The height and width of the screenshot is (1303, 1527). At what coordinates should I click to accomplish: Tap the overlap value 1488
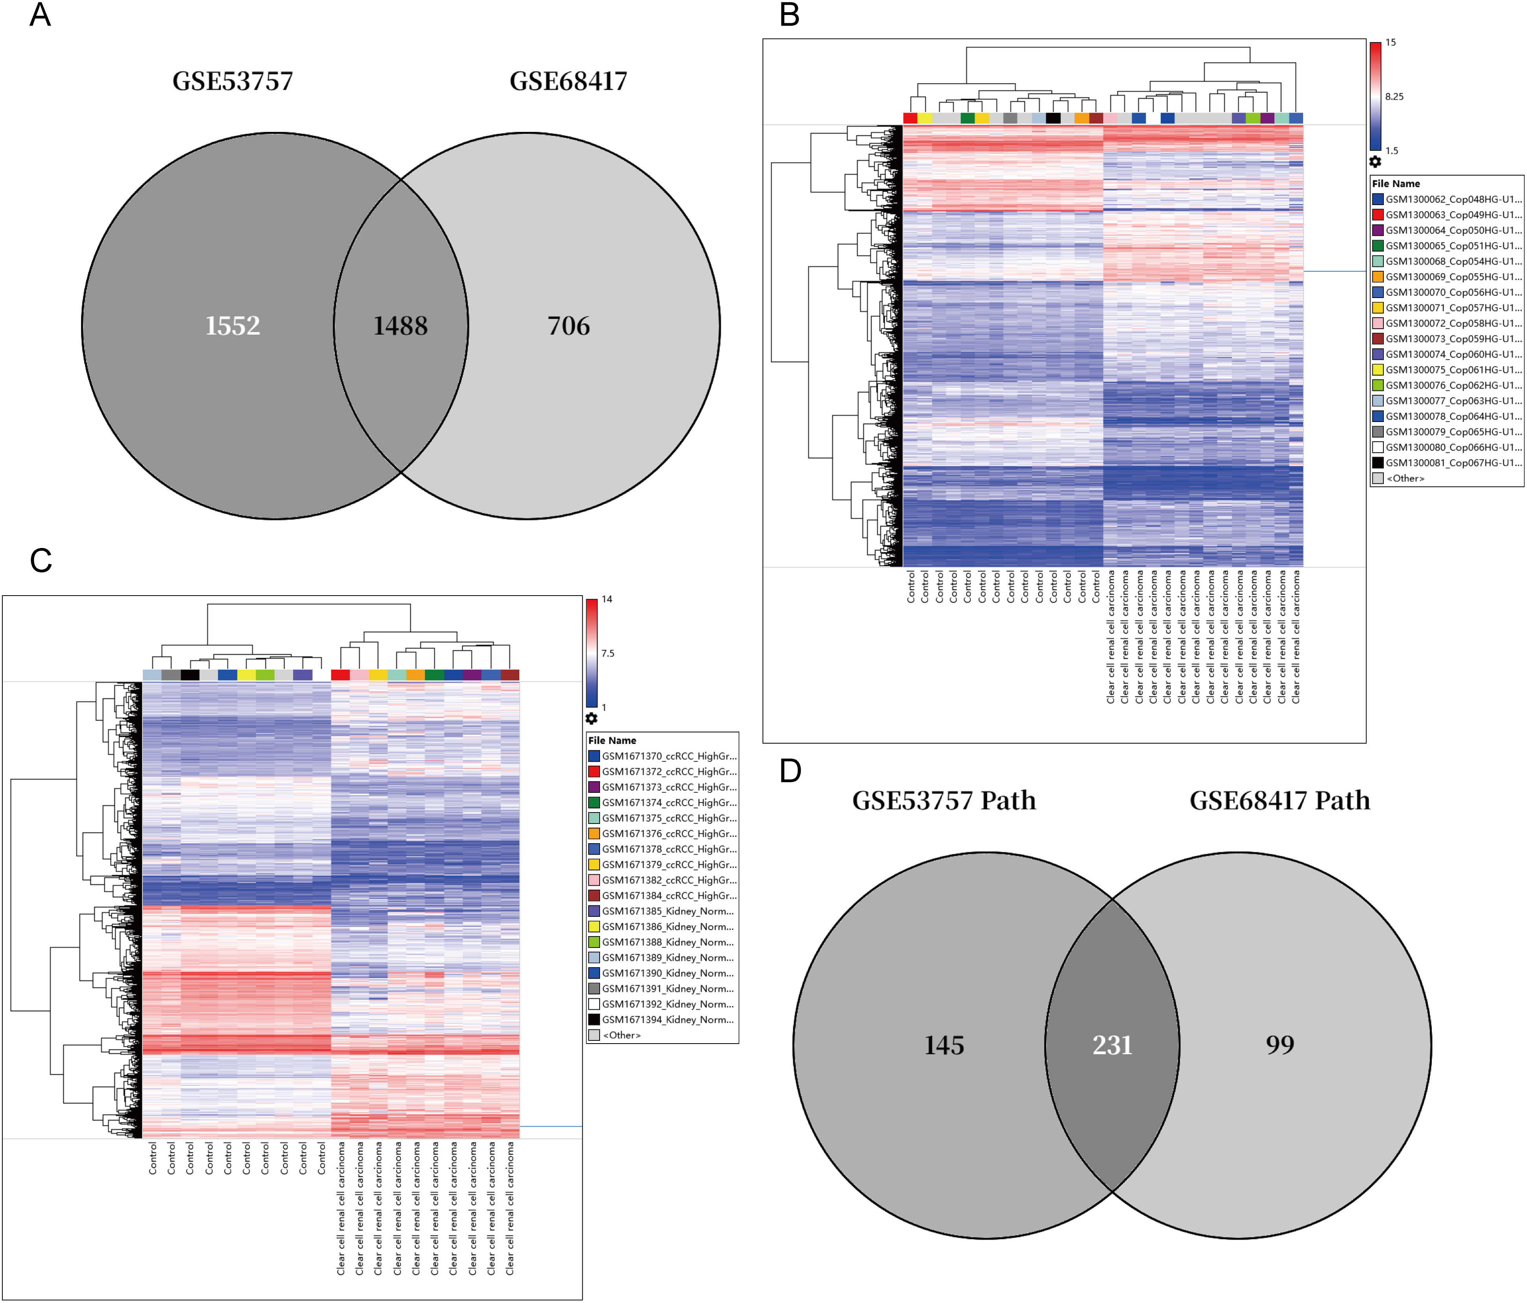(x=400, y=326)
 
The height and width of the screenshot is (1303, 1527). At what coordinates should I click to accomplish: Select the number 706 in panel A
(x=568, y=326)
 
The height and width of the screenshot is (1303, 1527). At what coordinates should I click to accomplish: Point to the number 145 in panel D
(x=944, y=1045)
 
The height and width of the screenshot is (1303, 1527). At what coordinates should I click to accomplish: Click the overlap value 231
(x=1112, y=1045)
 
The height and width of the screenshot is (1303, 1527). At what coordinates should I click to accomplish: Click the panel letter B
(x=789, y=15)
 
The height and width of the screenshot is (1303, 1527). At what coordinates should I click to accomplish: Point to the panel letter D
(x=790, y=771)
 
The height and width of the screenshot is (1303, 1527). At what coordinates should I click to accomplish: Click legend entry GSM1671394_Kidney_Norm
(x=667, y=1020)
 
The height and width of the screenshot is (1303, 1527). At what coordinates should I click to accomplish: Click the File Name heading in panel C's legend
(x=612, y=740)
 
